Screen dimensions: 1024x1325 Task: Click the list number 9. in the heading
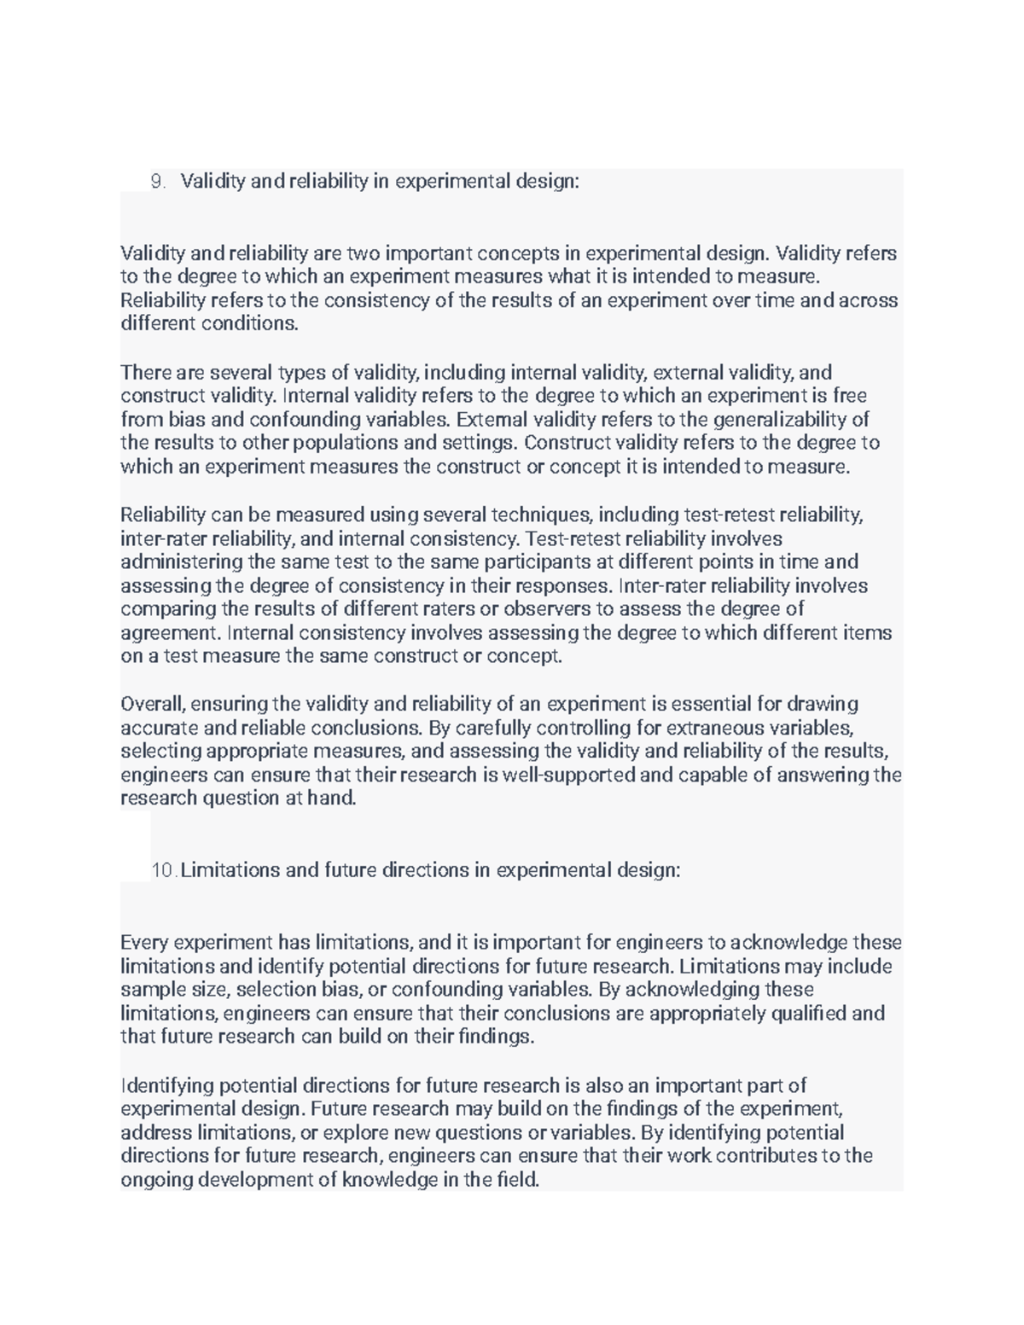(x=157, y=181)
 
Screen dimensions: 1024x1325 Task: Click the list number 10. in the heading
(x=164, y=870)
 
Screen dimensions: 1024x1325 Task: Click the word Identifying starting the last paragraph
(x=167, y=1085)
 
